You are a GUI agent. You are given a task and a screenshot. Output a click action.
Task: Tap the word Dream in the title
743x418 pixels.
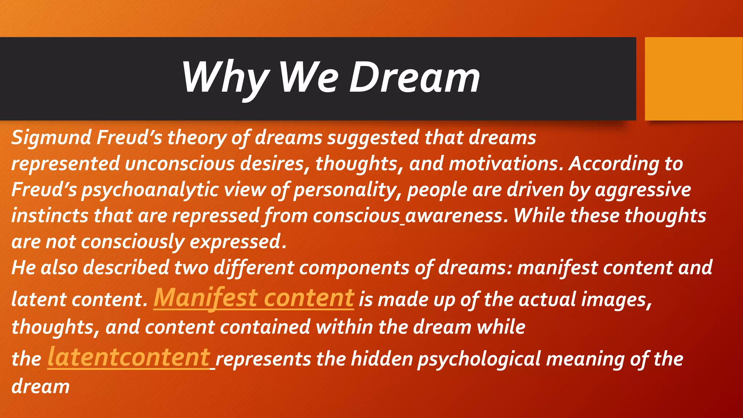(x=414, y=78)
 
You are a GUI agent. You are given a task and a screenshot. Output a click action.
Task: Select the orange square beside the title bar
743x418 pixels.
(x=693, y=79)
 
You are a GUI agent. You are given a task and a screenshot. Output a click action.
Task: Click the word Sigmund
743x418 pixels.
(x=51, y=138)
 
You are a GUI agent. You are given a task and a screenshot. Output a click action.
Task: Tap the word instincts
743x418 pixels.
(x=50, y=216)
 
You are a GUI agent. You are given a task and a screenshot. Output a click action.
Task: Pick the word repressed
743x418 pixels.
(x=215, y=216)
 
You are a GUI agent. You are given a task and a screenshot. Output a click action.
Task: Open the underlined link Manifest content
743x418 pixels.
(x=254, y=298)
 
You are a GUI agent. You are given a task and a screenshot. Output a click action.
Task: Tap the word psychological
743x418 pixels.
(x=479, y=359)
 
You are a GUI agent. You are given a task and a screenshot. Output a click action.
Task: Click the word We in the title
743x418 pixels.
(x=309, y=78)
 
